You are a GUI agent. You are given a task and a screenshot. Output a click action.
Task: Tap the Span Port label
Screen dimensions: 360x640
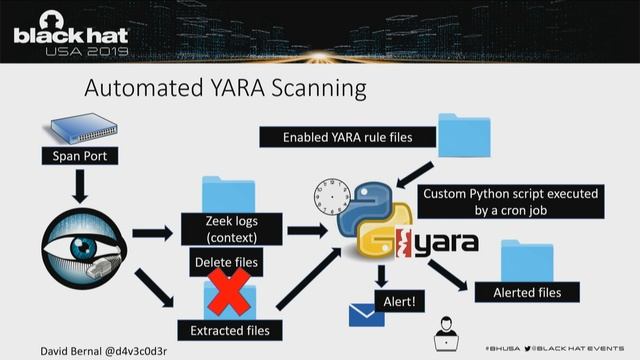point(79,155)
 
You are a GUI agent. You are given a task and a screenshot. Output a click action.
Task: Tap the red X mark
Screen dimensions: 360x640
point(229,296)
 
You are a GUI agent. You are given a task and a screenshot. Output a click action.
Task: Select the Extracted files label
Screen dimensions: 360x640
point(231,329)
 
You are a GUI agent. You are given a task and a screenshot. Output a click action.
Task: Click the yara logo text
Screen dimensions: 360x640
point(444,243)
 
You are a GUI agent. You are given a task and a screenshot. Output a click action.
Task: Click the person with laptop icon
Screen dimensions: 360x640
point(444,335)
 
